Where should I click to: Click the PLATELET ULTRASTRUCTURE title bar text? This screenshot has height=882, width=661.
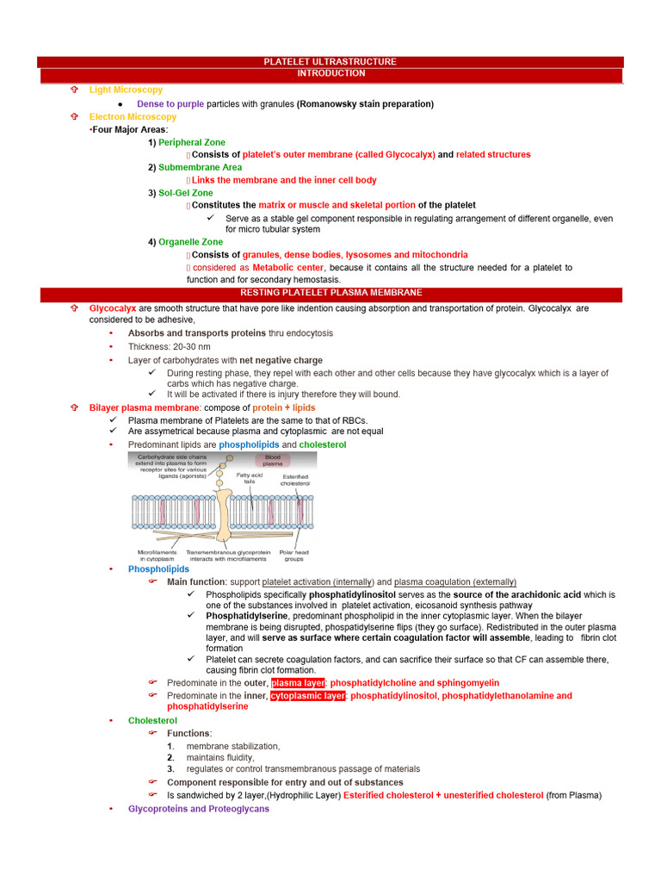[330, 62]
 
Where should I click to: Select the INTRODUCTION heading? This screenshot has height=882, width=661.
[330, 74]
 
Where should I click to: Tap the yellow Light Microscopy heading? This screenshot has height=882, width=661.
[126, 90]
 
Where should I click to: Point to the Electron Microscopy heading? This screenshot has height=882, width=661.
[133, 116]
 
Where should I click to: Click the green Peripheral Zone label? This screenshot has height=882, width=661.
[192, 142]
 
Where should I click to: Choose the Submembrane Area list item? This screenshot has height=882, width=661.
[200, 167]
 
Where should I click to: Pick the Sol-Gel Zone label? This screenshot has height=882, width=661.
[185, 193]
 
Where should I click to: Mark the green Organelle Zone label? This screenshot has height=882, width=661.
[190, 242]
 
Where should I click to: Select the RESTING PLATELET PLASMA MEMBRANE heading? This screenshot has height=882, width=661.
[330, 293]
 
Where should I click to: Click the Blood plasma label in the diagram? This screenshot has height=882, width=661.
[272, 460]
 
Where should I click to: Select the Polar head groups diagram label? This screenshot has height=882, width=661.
[295, 556]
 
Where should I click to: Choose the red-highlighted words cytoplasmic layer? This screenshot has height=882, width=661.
[307, 696]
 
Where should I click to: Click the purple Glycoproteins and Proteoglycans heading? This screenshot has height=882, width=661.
[198, 809]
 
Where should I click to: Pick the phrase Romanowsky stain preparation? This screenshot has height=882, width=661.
[365, 104]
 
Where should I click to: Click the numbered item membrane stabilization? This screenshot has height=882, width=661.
[233, 746]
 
